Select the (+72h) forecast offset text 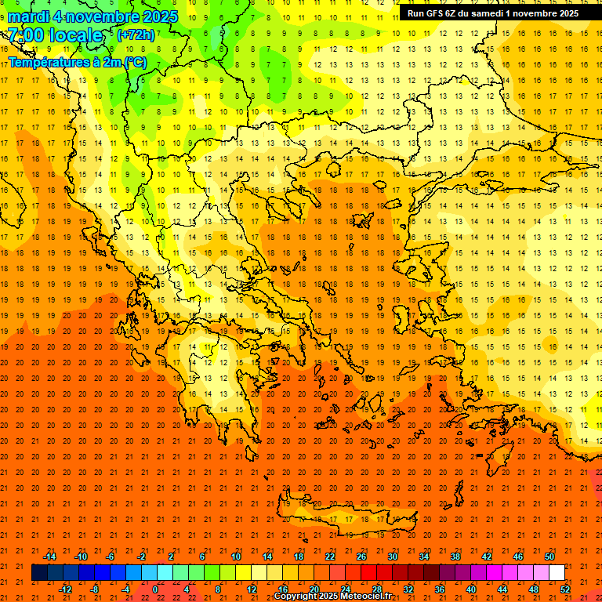[136, 34]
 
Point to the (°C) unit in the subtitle [134, 62]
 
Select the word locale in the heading [78, 36]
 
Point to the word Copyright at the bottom [298, 597]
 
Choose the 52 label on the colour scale [566, 589]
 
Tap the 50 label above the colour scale [549, 557]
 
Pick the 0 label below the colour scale [155, 589]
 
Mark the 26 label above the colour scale [361, 557]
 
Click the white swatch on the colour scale [557, 573]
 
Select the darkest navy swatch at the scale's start [39, 573]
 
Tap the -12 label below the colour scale [65, 589]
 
